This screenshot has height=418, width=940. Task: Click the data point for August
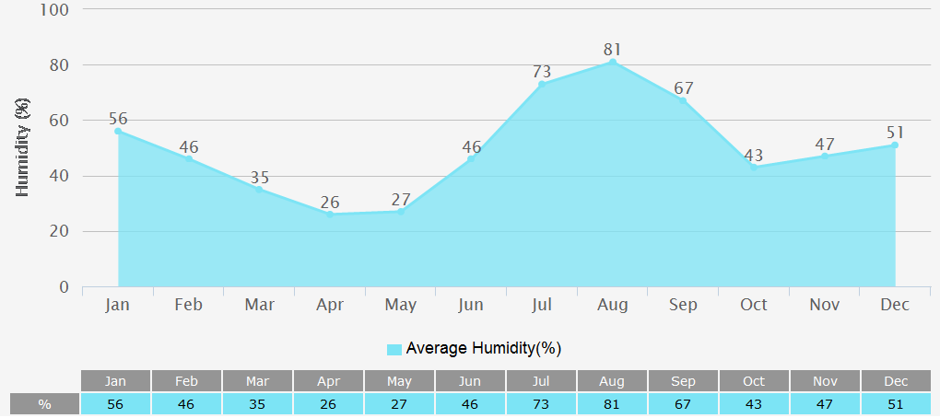613,62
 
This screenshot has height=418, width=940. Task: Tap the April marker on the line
330,215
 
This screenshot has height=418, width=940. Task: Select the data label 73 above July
542,71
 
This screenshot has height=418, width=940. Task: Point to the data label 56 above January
118,118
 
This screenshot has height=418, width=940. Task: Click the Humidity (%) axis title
24,147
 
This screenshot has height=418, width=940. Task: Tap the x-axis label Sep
683,305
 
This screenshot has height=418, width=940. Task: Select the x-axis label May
400,305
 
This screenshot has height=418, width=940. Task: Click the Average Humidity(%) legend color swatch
394,349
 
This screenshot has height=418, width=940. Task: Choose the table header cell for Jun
470,381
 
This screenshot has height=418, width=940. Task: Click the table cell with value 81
612,404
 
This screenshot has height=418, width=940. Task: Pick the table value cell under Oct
754,404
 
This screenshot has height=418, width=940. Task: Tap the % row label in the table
44,404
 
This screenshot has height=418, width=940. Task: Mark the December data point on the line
895,145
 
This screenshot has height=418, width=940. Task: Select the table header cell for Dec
896,381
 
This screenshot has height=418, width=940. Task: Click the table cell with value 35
258,404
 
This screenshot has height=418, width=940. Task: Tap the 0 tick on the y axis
65,287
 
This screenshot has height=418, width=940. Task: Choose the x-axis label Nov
825,305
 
